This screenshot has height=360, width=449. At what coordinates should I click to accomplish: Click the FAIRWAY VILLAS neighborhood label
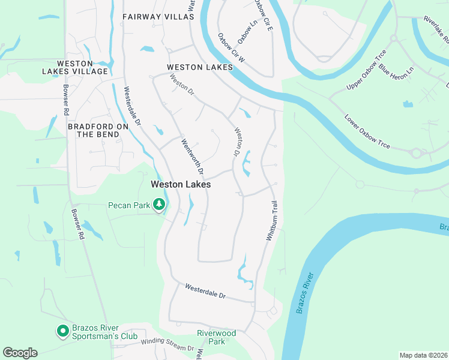pos(158,17)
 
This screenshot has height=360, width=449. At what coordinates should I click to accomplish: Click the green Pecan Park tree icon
pos(159,205)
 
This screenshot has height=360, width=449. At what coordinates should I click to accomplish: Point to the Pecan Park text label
pos(128,206)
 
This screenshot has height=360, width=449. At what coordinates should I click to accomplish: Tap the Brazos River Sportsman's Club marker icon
pos(62,331)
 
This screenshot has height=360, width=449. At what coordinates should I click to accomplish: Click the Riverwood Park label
pos(216,337)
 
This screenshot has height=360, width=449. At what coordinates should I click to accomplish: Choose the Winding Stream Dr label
pos(167,344)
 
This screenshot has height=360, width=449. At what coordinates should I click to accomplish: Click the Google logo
pos(20,353)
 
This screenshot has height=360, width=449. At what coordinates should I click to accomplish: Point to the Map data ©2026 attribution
pos(423,355)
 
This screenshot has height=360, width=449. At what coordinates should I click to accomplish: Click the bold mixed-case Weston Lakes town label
pos(180,185)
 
